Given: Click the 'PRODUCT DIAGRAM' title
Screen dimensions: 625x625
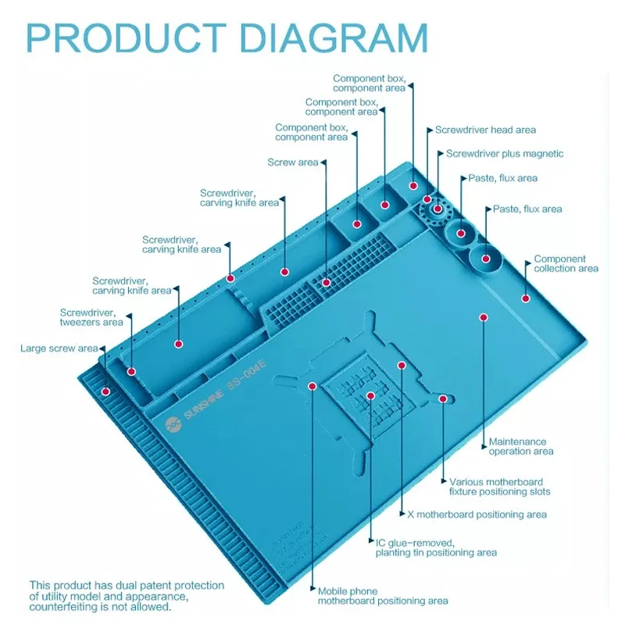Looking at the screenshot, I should pyautogui.click(x=227, y=37).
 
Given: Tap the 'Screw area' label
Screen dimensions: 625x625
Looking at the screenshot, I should pyautogui.click(x=293, y=162).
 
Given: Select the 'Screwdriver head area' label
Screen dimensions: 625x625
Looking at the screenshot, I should pyautogui.click(x=485, y=130).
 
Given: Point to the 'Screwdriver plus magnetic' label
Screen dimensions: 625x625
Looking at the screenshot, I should pyautogui.click(x=504, y=154).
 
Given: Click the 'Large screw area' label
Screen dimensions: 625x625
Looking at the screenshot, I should pyautogui.click(x=59, y=348).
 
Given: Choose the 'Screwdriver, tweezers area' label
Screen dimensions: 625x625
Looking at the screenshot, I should pyautogui.click(x=91, y=317).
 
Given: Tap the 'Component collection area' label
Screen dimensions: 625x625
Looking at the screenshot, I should pyautogui.click(x=566, y=264).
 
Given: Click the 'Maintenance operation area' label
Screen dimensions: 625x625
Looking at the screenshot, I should pyautogui.click(x=521, y=447).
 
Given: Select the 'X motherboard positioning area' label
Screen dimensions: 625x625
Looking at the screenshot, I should pyautogui.click(x=477, y=515).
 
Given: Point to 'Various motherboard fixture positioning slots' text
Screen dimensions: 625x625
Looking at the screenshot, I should pyautogui.click(x=499, y=487).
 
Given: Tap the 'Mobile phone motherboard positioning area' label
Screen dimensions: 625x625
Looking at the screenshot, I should pyautogui.click(x=383, y=596).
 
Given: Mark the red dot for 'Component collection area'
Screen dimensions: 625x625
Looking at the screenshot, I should pyautogui.click(x=526, y=298).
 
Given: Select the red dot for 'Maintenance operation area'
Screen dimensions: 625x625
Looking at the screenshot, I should pyautogui.click(x=484, y=317).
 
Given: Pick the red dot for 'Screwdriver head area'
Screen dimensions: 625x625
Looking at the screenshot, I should pyautogui.click(x=413, y=186).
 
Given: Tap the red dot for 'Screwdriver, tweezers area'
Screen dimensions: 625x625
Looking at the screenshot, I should pyautogui.click(x=131, y=372).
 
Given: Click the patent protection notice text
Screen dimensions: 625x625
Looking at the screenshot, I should pyautogui.click(x=127, y=596).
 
